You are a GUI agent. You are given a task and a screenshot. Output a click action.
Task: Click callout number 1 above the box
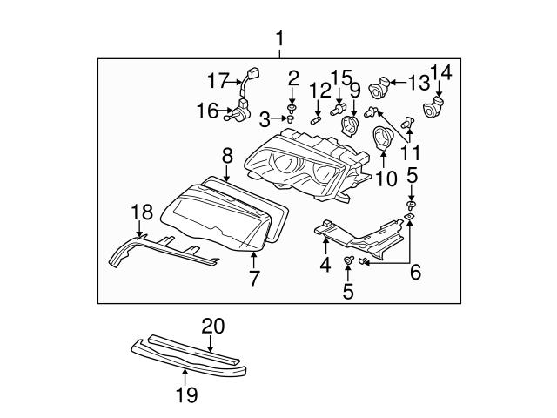tap(280, 38)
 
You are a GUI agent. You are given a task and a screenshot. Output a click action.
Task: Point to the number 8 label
tap(226, 157)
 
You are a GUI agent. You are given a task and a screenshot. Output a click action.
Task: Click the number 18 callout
tap(141, 212)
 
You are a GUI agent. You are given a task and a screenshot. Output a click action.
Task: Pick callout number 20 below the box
tap(213, 327)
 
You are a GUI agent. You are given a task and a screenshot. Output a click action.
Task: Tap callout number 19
tap(185, 394)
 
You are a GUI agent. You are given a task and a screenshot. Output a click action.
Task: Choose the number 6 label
tap(415, 272)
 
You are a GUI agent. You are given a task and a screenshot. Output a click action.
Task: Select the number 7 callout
tap(254, 278)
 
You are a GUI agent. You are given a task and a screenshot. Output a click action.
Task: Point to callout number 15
tap(341, 78)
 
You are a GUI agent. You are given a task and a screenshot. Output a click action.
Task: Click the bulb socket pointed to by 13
tap(379, 86)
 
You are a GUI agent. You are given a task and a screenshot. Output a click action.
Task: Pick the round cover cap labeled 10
tap(382, 139)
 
